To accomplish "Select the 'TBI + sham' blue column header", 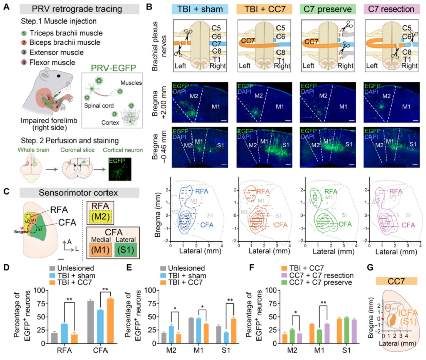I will click(200, 9).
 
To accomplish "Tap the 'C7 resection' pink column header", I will click(391, 9).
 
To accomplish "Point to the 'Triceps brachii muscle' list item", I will click(66, 33).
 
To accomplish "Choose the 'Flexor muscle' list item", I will click(52, 62).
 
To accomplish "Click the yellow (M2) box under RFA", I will click(100, 217).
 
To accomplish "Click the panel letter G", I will click(370, 267).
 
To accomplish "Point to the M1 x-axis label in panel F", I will click(319, 350).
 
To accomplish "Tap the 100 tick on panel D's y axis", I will click(39, 290).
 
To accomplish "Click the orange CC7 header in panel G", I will click(396, 281).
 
